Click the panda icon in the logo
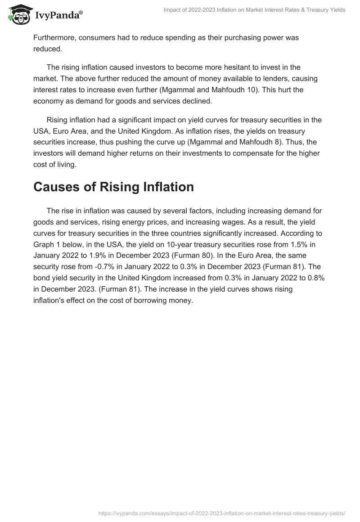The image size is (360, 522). [x=18, y=14]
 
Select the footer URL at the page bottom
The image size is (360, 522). [x=222, y=513]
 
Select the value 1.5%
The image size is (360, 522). [x=299, y=245]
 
